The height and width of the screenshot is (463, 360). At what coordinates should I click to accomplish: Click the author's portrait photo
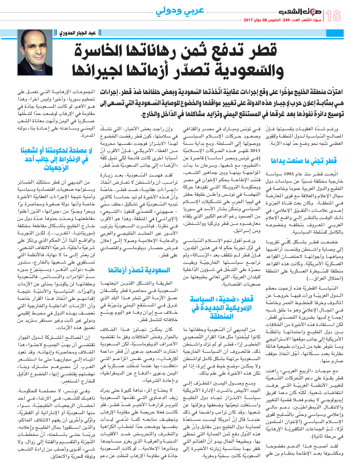click(35, 52)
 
